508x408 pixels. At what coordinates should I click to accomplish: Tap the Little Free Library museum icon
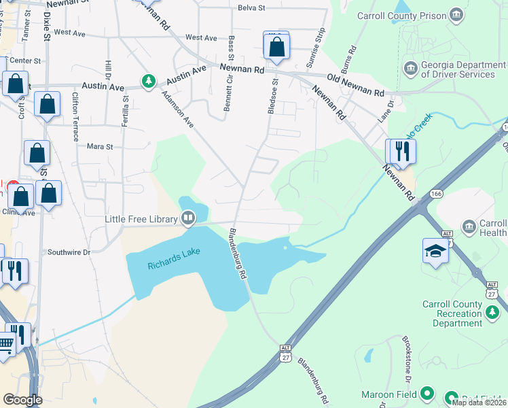coord(188,219)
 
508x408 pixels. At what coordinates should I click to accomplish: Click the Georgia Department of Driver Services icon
coord(410,67)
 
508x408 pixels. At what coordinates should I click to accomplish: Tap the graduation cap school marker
coord(435,251)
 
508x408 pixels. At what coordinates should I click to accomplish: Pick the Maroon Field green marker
coord(427,393)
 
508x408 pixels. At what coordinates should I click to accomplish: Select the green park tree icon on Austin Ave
coord(148,82)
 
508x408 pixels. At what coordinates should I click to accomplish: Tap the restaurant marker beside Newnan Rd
coord(401,152)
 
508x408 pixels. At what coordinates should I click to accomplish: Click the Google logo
coord(22,400)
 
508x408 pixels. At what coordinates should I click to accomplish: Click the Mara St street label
coord(100,146)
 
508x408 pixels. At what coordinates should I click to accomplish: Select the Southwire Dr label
coord(69,252)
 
